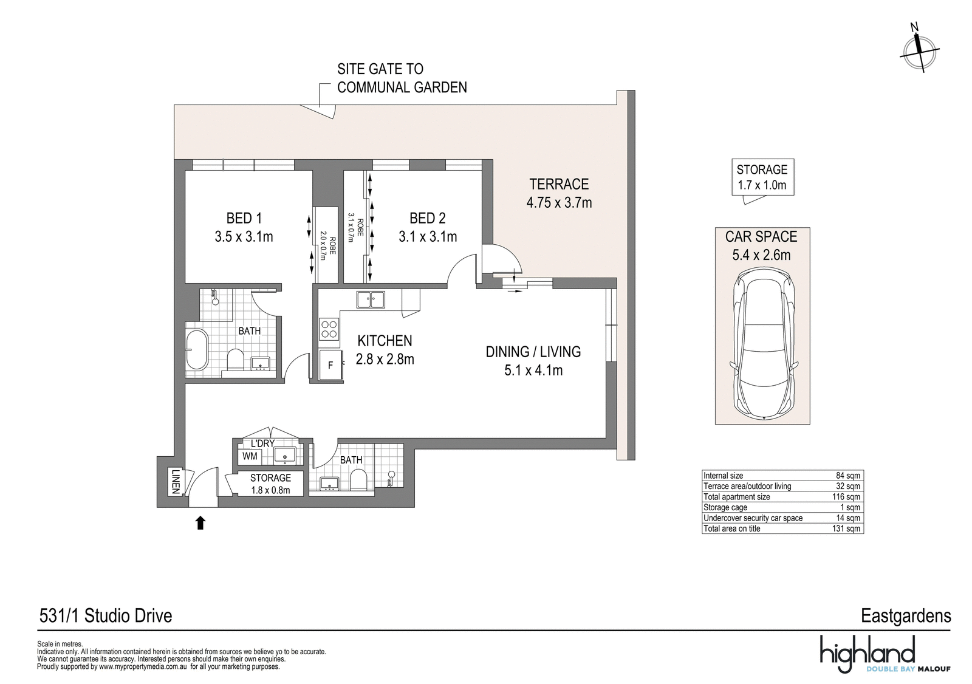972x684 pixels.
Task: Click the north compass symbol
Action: click(x=919, y=53)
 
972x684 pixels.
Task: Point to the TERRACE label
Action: click(x=559, y=184)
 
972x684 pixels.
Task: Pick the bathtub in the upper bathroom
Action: click(x=197, y=349)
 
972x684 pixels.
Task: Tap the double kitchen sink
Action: click(x=371, y=299)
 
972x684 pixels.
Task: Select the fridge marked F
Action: click(x=331, y=366)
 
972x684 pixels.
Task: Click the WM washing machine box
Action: click(x=250, y=456)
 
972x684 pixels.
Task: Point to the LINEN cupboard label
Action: click(x=176, y=481)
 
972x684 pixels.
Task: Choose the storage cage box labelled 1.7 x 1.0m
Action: click(x=762, y=177)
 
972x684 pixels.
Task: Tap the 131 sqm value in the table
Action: click(x=848, y=528)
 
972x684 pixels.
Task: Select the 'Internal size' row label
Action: click(x=724, y=475)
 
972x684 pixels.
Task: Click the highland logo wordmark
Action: click(x=868, y=654)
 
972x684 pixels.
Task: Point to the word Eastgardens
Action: click(x=906, y=616)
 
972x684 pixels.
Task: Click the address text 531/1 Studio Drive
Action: click(x=106, y=615)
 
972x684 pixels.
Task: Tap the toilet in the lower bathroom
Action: click(x=358, y=479)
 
